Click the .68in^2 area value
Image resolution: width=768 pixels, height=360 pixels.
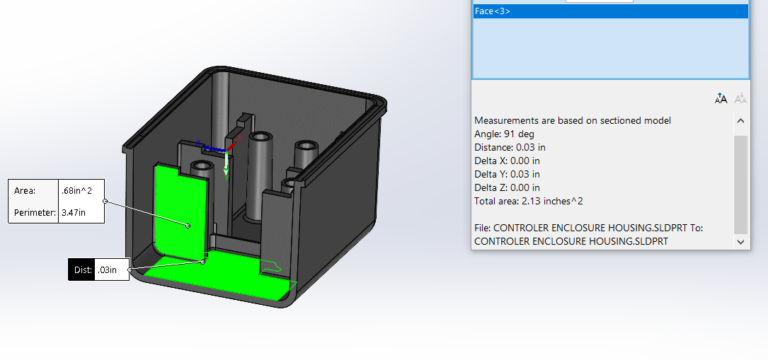coord(78,190)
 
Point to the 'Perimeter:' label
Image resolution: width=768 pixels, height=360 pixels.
coord(33,212)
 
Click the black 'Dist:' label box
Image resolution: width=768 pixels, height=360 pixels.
coord(82,270)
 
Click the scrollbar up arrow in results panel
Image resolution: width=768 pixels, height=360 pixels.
coord(740,121)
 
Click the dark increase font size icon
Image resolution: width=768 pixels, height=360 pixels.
coord(721,98)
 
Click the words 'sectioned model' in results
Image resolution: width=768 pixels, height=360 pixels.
coord(636,120)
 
